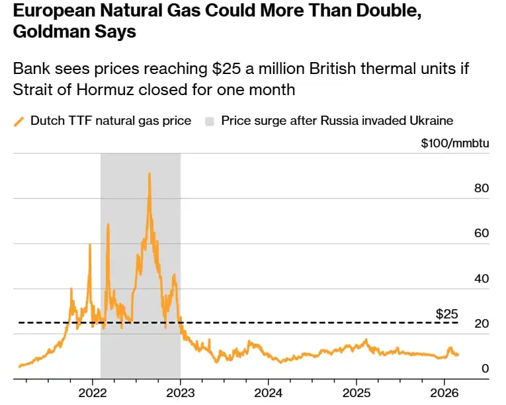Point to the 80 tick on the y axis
(x=482, y=188)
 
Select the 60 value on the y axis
(x=482, y=233)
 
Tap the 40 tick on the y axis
(x=482, y=278)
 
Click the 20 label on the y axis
(x=482, y=323)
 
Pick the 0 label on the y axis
(x=485, y=368)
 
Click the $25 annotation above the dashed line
(x=446, y=313)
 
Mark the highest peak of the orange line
(x=149, y=174)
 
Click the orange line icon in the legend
(x=19, y=121)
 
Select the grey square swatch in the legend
(x=210, y=121)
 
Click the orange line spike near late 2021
(x=90, y=245)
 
